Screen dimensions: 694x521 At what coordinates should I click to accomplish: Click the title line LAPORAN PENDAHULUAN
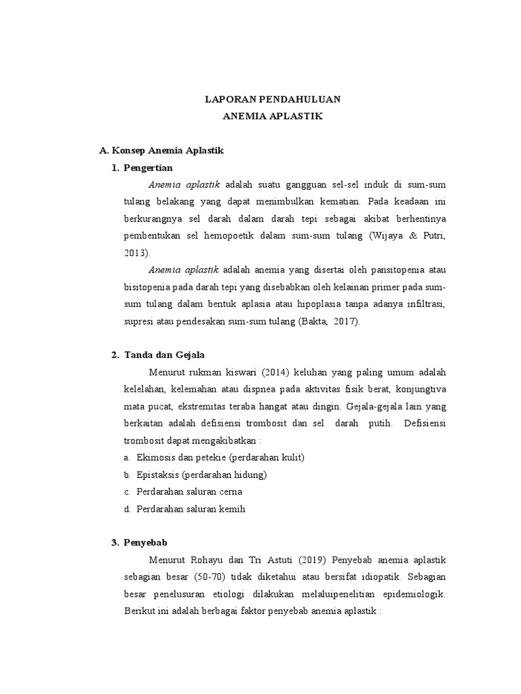273,100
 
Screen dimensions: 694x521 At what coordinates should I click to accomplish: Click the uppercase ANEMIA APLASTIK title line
273,117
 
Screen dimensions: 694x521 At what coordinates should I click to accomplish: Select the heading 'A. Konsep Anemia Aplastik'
161,150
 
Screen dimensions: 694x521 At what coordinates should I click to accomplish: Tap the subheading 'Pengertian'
149,167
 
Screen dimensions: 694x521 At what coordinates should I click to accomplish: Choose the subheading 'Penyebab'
144,543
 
